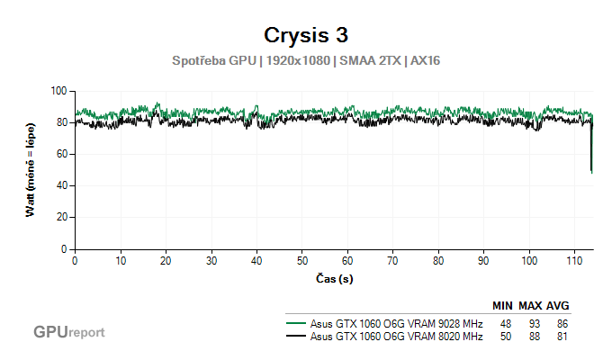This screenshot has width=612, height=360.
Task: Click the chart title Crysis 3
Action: click(x=306, y=35)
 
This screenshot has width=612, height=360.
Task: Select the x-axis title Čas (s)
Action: click(x=334, y=278)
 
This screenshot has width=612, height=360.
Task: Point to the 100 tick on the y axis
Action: click(x=60, y=91)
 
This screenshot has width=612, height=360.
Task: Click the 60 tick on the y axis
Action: click(x=63, y=154)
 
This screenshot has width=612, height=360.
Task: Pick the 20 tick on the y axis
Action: click(x=63, y=217)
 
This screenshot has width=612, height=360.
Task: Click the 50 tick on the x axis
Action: click(x=302, y=259)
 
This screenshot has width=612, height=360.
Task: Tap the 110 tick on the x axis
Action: click(x=575, y=259)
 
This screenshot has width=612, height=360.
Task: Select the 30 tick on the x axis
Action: click(x=211, y=259)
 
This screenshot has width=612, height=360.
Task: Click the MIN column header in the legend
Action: click(x=503, y=306)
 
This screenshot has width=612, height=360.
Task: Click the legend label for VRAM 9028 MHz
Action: click(x=396, y=323)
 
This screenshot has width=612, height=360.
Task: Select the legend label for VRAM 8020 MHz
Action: click(x=396, y=337)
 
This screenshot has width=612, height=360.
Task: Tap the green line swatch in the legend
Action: click(x=295, y=323)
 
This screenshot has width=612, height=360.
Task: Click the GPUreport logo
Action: click(x=68, y=332)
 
